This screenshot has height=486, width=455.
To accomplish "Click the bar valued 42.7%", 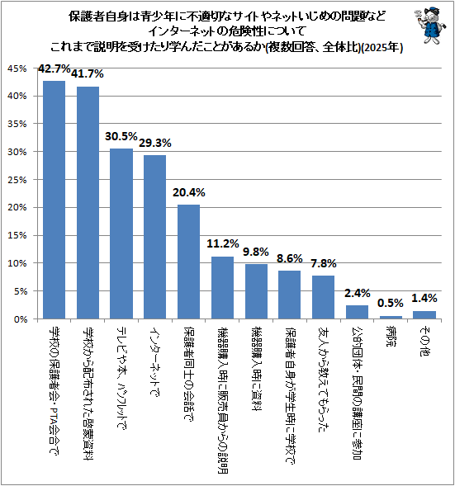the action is [54, 200].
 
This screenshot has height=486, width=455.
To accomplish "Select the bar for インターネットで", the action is [154, 237].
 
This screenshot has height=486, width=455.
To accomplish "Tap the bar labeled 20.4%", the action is [188, 262].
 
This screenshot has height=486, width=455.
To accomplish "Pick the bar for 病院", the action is [391, 318].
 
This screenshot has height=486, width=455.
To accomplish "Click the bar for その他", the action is [424, 315].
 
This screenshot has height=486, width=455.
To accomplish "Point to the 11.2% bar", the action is [222, 288].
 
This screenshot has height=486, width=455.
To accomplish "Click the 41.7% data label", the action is [88, 73].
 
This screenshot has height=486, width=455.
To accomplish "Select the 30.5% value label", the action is [121, 136].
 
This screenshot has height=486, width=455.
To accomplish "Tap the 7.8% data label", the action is [324, 263].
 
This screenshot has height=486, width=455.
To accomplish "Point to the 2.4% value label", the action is [358, 293].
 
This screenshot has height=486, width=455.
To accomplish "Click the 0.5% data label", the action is [391, 303].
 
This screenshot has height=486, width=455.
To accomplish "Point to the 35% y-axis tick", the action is [17, 124].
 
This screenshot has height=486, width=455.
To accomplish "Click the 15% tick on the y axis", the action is [17, 235].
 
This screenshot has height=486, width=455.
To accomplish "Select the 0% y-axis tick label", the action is [21, 319].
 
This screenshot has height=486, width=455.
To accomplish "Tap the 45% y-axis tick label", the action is [17, 68].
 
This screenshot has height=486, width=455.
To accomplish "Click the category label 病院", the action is [391, 336].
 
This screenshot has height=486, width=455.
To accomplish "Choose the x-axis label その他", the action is [424, 341].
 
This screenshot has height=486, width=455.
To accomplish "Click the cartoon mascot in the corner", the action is [429, 26].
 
